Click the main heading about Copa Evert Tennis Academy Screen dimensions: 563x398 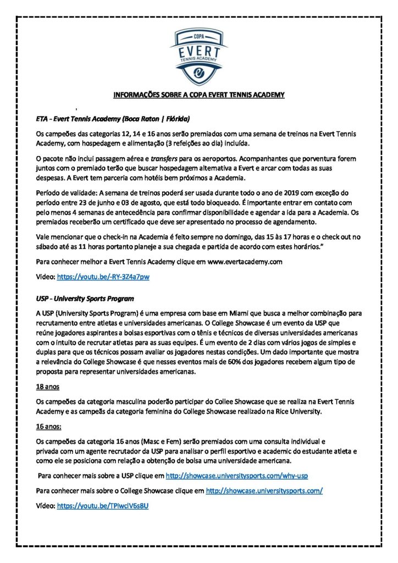point(198,95)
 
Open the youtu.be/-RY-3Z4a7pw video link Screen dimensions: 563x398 point(103,277)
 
